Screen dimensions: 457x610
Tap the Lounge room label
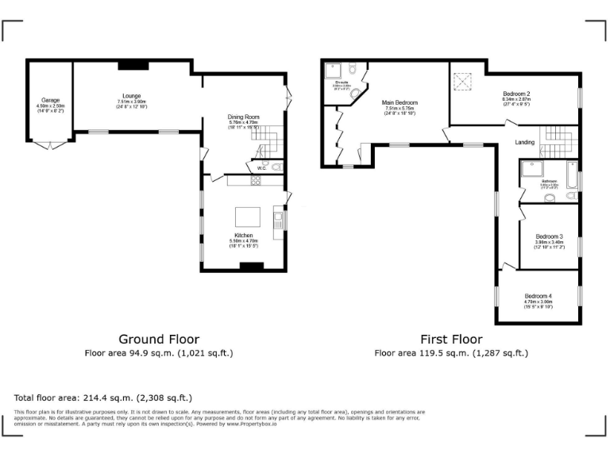[132, 95]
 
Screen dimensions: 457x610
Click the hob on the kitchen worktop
[257, 181]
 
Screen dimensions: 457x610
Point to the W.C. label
[261, 167]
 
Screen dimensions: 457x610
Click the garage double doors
[49, 146]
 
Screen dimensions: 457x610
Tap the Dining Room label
[244, 117]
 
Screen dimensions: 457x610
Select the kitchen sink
[278, 215]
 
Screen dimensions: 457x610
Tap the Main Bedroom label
[400, 102]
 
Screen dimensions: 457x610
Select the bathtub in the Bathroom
[572, 180]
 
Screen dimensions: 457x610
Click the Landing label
[524, 143]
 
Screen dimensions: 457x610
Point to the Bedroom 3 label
[549, 236]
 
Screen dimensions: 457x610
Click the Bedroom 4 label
[538, 297]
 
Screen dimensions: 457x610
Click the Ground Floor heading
[159, 339]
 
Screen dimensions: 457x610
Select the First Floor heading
[451, 339]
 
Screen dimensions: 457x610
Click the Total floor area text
[103, 397]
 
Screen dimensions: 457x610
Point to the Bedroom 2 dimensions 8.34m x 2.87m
[516, 99]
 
